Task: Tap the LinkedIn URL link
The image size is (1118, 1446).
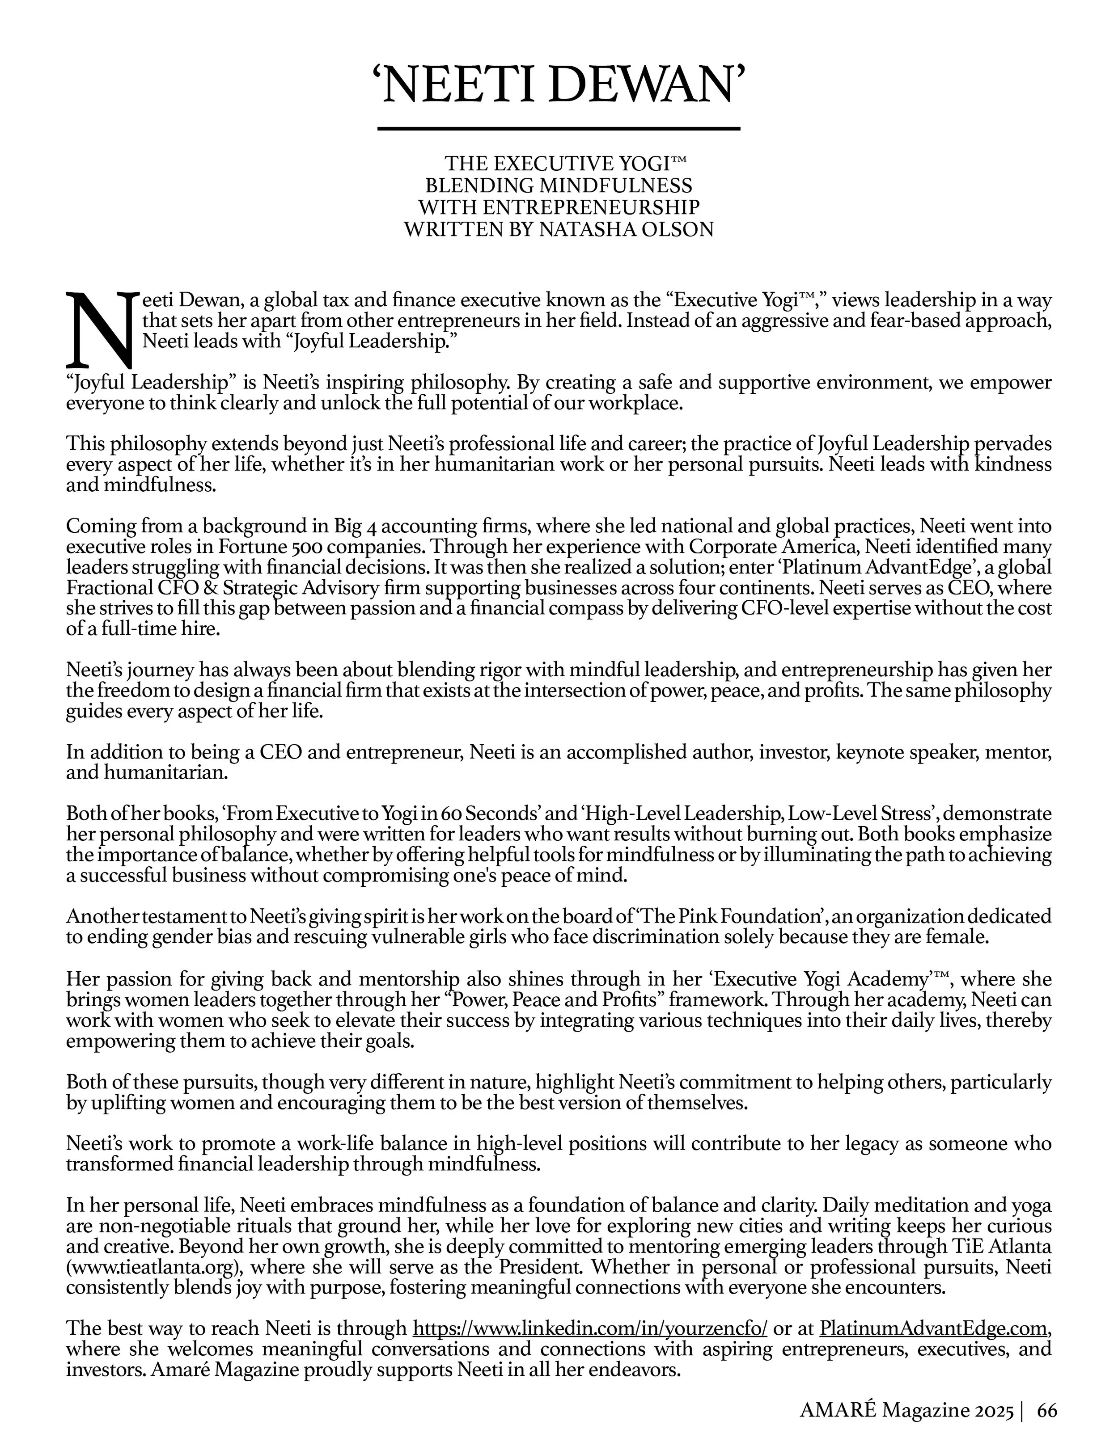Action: tap(589, 1328)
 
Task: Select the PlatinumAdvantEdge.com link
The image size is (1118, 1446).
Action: tap(933, 1328)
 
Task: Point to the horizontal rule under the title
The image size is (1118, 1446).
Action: tap(559, 128)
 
